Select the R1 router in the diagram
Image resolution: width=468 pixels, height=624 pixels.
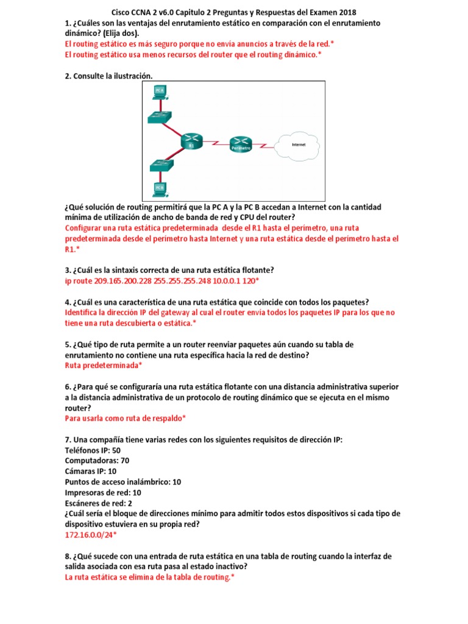click(x=191, y=141)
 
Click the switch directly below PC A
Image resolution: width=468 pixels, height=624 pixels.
click(x=160, y=117)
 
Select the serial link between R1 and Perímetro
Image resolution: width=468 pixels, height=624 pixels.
click(x=215, y=143)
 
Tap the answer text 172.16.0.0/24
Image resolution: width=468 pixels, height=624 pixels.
click(x=89, y=534)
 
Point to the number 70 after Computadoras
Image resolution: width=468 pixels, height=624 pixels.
click(x=125, y=461)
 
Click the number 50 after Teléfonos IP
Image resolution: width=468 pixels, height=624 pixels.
click(x=116, y=450)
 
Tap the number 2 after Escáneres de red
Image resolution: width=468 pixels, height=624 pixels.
click(x=130, y=503)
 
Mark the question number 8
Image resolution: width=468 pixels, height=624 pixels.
click(x=68, y=556)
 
